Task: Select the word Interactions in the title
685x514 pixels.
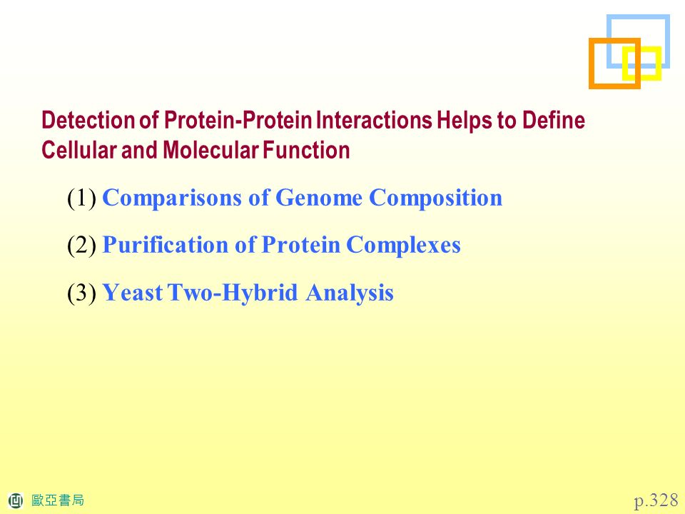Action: coord(373,120)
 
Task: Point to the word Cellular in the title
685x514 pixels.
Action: coord(78,150)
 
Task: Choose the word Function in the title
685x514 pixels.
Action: coord(306,150)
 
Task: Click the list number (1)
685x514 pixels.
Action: coord(81,198)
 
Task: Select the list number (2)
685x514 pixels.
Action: coord(81,245)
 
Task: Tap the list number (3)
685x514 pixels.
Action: coord(81,293)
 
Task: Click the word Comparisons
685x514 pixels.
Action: coord(172,198)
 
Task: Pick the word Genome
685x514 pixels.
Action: coord(319,198)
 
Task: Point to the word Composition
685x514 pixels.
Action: coord(435,198)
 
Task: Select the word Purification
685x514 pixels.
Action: coord(165,245)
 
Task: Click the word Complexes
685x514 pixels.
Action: coord(403,245)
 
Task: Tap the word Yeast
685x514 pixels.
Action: coord(133,293)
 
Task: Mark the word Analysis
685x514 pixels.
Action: coord(350,293)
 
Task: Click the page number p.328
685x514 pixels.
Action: coord(656,500)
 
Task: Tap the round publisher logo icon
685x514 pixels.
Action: coord(16,500)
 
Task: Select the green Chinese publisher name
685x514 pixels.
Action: coord(58,500)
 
